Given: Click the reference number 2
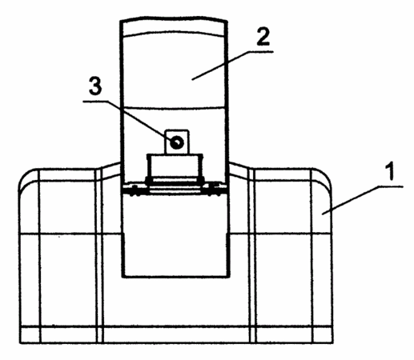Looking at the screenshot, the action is point(263,36).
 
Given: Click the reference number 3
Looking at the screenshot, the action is point(95,86).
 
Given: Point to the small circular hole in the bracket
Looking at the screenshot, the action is point(177,142).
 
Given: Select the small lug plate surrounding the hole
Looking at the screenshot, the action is point(177,142).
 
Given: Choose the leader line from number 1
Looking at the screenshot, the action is point(351,200).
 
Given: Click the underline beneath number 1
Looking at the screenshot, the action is point(391,186).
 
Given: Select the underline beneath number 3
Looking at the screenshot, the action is point(95,102).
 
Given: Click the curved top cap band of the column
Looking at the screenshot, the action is point(174,26).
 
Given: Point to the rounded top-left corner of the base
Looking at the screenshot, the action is point(25,176).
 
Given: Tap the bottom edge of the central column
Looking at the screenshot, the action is point(175,277).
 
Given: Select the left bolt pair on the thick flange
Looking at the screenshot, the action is point(135,190).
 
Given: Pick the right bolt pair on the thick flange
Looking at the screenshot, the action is point(215,190).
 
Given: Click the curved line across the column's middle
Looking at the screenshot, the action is point(174,108).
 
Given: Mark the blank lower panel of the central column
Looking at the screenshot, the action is point(175,234).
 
